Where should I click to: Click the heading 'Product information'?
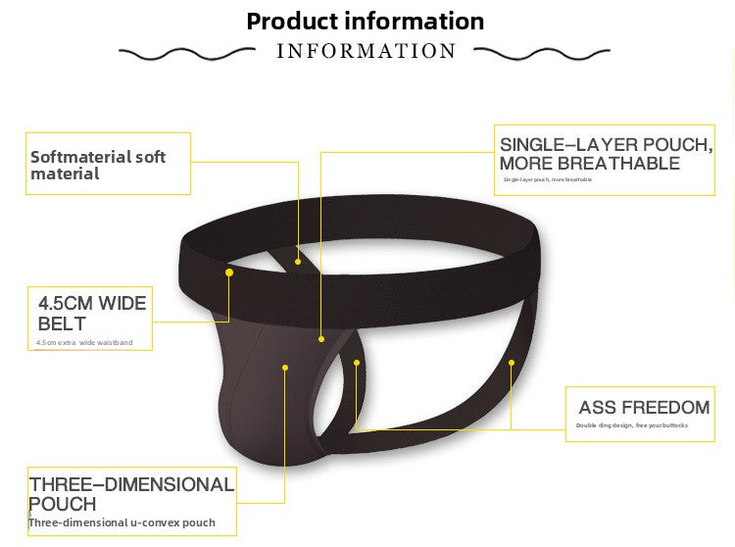pyautogui.click(x=365, y=21)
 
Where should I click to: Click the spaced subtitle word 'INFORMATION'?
pyautogui.click(x=367, y=51)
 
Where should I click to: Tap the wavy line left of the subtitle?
pyautogui.click(x=186, y=52)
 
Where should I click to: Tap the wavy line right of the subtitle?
pyautogui.click(x=546, y=52)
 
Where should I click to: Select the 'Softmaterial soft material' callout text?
pyautogui.click(x=98, y=165)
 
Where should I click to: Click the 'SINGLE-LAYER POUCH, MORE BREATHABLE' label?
pyautogui.click(x=604, y=154)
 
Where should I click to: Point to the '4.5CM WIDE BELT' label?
pyautogui.click(x=92, y=313)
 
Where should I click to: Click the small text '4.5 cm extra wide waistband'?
pyautogui.click(x=83, y=343)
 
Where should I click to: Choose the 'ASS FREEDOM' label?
pyautogui.click(x=644, y=407)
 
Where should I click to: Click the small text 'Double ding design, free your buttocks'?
pyautogui.click(x=631, y=425)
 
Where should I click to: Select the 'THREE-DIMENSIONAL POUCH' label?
pyautogui.click(x=131, y=493)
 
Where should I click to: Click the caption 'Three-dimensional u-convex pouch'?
pyautogui.click(x=122, y=522)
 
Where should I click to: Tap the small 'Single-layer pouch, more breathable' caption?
pyautogui.click(x=547, y=179)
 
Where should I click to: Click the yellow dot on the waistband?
pyautogui.click(x=229, y=272)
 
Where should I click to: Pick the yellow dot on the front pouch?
pyautogui.click(x=285, y=368)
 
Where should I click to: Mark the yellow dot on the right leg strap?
pyautogui.click(x=512, y=362)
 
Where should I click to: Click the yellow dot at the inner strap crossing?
pyautogui.click(x=299, y=261)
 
